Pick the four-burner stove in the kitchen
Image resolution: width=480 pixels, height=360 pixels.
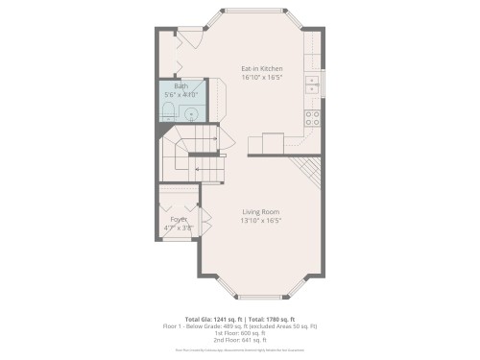pyautogui.click(x=313, y=119)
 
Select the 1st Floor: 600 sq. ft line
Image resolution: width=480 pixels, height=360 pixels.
pyautogui.click(x=240, y=333)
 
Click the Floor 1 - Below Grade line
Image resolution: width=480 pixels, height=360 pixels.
pyautogui.click(x=240, y=325)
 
